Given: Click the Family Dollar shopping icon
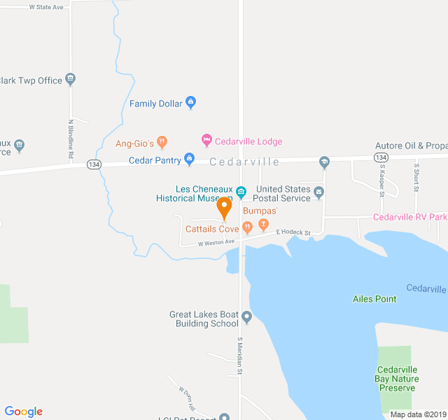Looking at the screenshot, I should (190, 104).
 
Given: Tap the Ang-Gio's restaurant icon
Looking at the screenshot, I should (162, 143).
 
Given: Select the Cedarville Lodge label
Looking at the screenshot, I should (248, 141).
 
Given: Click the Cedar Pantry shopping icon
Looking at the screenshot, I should (189, 160).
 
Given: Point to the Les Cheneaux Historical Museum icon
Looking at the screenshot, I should (241, 192).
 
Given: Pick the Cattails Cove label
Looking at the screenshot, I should (212, 228).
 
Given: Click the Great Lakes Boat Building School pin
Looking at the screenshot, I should (246, 318).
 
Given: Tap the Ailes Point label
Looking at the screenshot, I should (374, 299).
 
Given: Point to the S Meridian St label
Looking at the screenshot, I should (239, 355).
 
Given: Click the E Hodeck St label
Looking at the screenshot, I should (293, 232).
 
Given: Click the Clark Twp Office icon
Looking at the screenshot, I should (70, 79).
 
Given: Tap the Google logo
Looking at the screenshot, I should (24, 412).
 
